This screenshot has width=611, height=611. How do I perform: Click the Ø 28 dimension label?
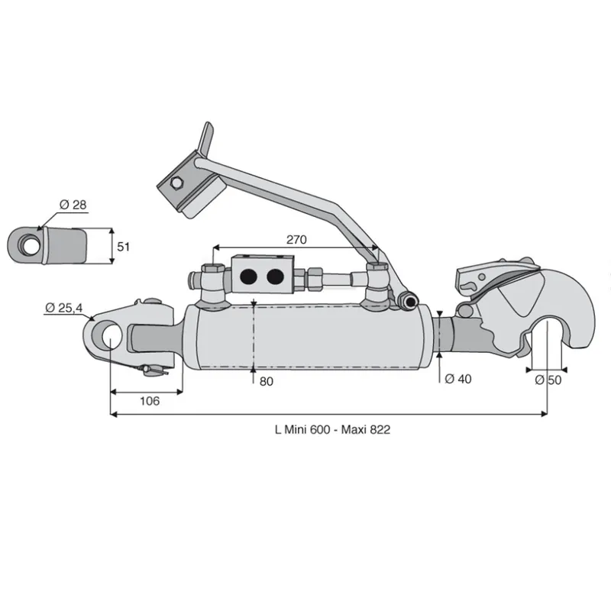(73, 205)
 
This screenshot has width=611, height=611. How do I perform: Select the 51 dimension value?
(123, 247)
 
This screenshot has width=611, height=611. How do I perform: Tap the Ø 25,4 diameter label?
(64, 308)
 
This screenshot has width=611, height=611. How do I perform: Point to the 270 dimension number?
(296, 239)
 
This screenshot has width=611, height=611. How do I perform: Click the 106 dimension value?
(150, 401)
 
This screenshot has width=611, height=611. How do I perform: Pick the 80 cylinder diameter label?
(266, 381)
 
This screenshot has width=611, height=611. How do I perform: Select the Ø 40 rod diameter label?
(457, 379)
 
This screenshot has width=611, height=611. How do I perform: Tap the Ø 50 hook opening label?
(548, 380)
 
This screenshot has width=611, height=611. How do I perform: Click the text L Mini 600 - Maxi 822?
(332, 429)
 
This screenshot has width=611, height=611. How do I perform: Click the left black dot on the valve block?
(249, 276)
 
